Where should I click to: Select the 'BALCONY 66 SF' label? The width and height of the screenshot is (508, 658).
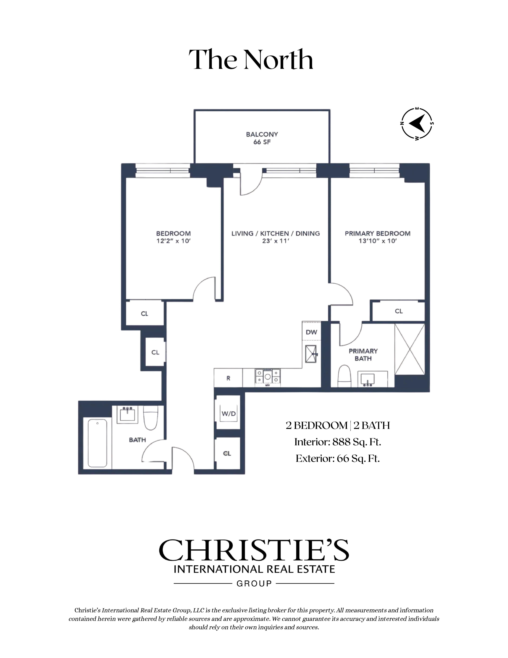(262, 138)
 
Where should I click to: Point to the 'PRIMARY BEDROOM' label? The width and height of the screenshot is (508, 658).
(377, 233)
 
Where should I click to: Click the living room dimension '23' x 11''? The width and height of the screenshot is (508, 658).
(275, 241)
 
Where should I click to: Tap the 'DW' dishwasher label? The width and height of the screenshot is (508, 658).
(311, 332)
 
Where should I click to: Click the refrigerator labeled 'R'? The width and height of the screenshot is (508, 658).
(228, 378)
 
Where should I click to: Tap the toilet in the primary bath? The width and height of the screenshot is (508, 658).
(344, 376)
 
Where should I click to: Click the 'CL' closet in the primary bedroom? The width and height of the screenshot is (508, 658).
(398, 311)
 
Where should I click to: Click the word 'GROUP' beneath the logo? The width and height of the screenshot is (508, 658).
(254, 584)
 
